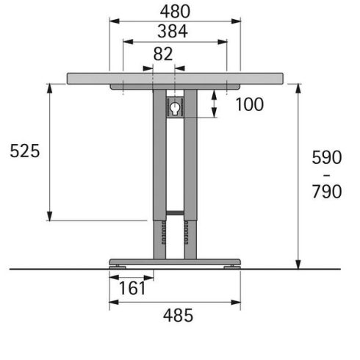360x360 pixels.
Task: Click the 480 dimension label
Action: point(175,11)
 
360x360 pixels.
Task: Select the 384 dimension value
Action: point(173,32)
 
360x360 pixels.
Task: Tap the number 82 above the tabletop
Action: point(163,54)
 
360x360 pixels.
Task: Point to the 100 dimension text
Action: point(250,104)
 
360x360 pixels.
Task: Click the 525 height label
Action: point(25,151)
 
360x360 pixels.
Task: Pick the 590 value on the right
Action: point(327,157)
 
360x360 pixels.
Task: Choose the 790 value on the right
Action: point(327,191)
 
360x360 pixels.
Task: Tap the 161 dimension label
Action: point(132,288)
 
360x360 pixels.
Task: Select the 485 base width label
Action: point(178,315)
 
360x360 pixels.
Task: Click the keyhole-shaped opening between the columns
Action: point(175,108)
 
